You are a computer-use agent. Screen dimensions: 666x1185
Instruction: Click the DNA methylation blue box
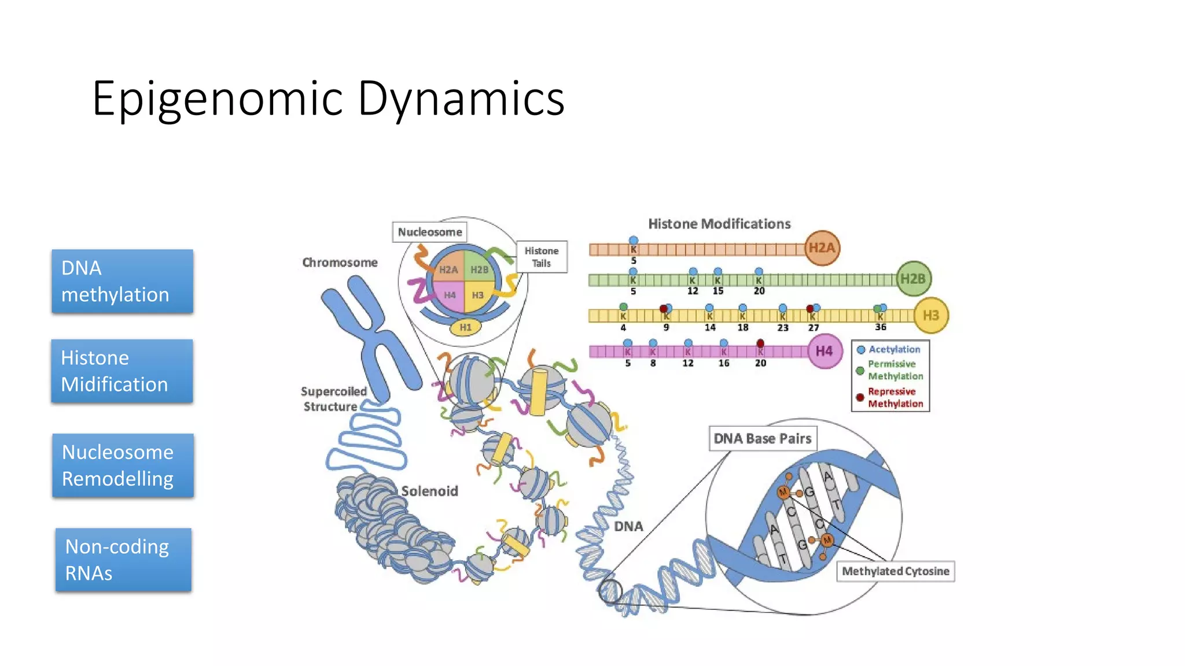pyautogui.click(x=122, y=282)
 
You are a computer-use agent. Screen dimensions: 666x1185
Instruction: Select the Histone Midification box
pyautogui.click(x=122, y=371)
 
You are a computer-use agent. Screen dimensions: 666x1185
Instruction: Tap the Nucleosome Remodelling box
pyautogui.click(x=123, y=465)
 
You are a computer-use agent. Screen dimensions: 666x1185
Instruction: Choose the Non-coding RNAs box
pyautogui.click(x=123, y=560)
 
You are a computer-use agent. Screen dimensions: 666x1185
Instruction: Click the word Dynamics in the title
pyautogui.click(x=461, y=98)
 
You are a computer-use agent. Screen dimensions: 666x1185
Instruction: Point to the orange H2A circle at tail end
pyautogui.click(x=822, y=248)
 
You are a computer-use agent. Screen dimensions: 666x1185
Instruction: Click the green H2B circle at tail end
pyautogui.click(x=913, y=279)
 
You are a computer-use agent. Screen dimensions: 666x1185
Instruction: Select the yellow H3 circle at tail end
pyautogui.click(x=930, y=316)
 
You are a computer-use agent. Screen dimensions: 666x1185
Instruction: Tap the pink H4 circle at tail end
pyautogui.click(x=824, y=351)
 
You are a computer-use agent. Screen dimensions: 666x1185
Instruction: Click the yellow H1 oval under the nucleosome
pyautogui.click(x=466, y=327)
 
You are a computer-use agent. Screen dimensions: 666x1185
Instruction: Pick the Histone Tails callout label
pyautogui.click(x=542, y=257)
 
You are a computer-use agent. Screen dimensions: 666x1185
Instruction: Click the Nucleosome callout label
pyautogui.click(x=429, y=232)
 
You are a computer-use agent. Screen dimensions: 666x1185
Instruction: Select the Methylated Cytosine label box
pyautogui.click(x=895, y=571)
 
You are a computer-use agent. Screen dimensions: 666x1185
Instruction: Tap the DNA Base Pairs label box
pyautogui.click(x=763, y=439)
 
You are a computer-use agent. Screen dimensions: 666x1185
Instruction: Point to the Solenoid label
pyautogui.click(x=429, y=491)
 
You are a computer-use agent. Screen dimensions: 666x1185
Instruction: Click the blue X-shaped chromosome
pyautogui.click(x=370, y=335)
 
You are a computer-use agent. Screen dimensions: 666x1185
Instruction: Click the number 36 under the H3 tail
pyautogui.click(x=880, y=327)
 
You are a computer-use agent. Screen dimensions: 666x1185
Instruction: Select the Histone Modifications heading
pyautogui.click(x=719, y=224)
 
